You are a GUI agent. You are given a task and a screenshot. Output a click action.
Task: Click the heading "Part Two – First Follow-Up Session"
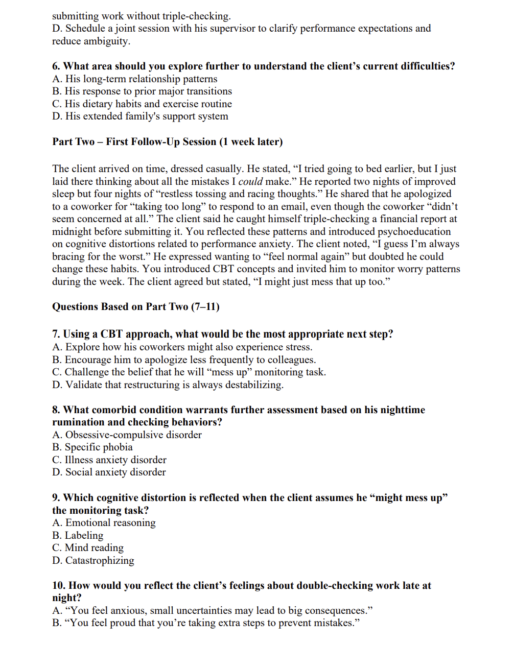coord(135,141)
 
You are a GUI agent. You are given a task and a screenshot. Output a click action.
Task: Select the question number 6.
coord(56,66)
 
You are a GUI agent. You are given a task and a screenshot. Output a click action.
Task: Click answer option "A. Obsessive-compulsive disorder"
coord(127,435)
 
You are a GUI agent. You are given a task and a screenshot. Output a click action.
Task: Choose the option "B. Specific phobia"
coord(92,447)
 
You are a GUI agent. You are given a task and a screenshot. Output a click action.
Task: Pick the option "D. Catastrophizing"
coord(93,560)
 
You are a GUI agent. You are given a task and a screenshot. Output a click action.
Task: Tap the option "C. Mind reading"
coord(88,547)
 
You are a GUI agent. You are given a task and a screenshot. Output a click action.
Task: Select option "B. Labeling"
coord(78,535)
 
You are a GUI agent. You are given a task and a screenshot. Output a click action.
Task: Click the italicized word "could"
coord(250,181)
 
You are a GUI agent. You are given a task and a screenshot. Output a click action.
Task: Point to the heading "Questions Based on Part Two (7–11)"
coord(136,306)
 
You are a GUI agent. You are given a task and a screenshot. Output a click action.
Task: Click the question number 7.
coord(56,334)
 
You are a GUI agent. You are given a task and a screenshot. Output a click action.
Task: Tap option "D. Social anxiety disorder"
coord(109,472)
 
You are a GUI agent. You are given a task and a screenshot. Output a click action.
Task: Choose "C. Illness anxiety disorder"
coord(109,460)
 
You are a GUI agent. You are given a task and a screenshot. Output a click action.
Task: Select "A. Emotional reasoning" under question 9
coord(104,522)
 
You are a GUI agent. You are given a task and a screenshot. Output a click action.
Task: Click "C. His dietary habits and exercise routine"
coord(142,104)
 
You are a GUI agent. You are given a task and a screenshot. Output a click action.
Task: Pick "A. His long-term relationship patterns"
coord(135,79)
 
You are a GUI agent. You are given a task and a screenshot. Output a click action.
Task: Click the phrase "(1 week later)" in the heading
coord(251,141)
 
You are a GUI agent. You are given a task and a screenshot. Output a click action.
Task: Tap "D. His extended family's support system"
coord(140,116)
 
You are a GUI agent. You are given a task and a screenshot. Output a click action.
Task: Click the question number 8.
coord(56,410)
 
